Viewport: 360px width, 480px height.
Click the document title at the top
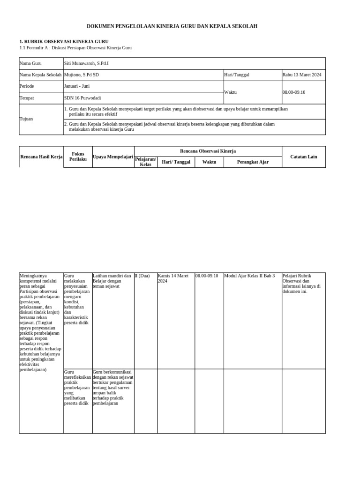(x=172, y=27)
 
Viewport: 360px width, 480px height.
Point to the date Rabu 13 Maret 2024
(x=302, y=75)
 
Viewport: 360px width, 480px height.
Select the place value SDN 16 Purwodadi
(x=82, y=98)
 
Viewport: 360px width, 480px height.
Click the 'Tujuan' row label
(x=26, y=119)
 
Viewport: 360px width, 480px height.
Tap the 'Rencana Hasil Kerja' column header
(x=41, y=157)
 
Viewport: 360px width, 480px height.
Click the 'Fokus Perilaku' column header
(x=78, y=157)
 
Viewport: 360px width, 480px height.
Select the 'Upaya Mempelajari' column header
(x=113, y=157)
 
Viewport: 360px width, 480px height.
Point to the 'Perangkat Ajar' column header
(x=253, y=162)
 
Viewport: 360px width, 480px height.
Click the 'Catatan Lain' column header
(x=303, y=157)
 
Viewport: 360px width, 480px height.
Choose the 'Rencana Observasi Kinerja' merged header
(x=208, y=151)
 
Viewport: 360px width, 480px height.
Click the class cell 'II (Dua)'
(x=142, y=276)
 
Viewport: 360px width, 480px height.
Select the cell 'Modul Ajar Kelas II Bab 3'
(x=250, y=276)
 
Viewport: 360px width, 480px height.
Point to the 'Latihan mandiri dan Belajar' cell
(x=112, y=281)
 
